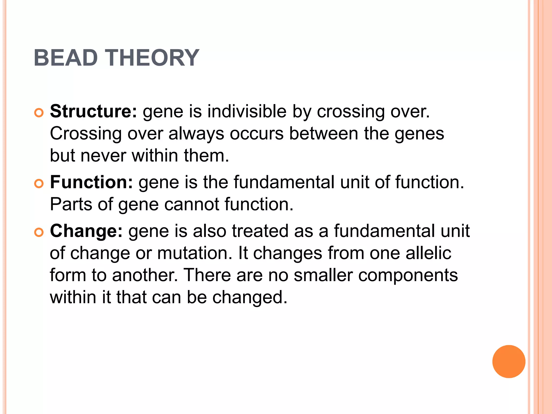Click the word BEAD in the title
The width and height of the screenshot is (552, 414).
(65, 58)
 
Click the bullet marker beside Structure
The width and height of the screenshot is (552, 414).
(39, 113)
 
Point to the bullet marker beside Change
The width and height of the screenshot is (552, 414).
(39, 233)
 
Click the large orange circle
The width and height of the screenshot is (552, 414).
(509, 361)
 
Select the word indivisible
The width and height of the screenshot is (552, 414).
(247, 111)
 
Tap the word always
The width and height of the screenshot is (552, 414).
(196, 134)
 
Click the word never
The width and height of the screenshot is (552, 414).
(103, 156)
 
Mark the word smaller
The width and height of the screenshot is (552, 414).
(323, 275)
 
